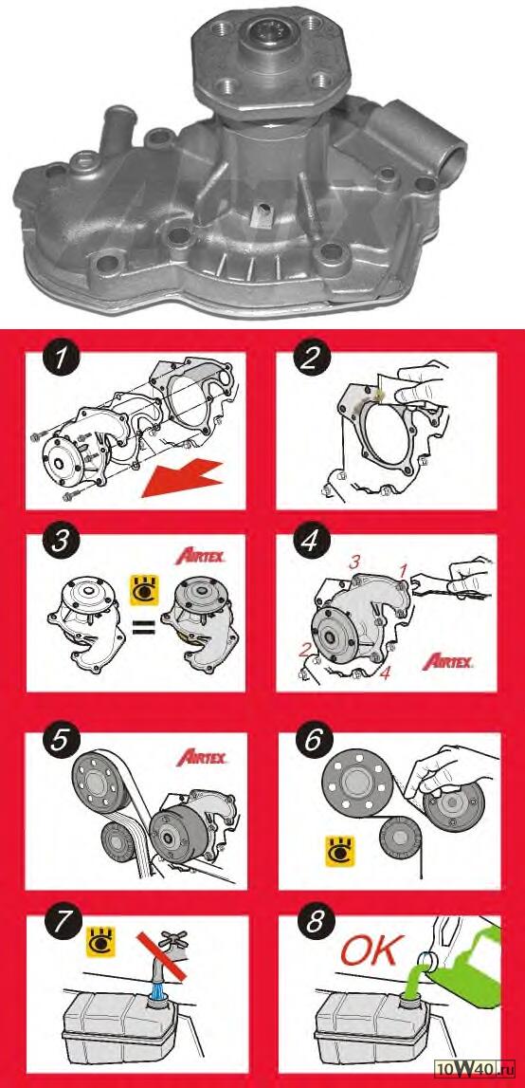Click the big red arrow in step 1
(x=182, y=480)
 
